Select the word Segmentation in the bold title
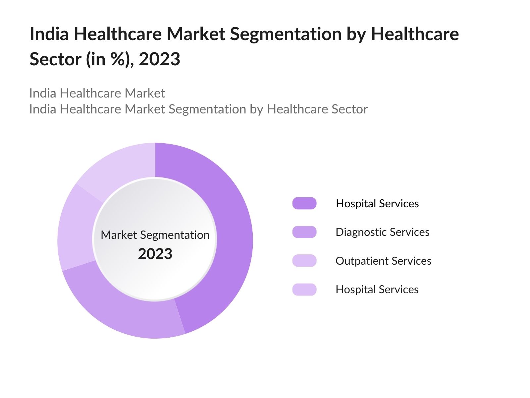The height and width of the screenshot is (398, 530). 286,34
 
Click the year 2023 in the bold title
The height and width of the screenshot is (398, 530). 159,59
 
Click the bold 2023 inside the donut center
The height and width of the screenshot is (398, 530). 155,254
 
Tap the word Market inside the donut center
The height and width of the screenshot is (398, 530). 119,235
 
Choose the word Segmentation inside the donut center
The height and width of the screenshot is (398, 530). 175,235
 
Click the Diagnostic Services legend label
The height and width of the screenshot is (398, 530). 382,232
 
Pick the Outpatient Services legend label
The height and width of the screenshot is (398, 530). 383,261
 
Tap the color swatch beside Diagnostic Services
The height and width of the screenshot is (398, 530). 304,232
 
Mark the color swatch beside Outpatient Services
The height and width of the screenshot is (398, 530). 304,261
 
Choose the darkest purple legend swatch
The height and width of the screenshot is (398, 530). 304,203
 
